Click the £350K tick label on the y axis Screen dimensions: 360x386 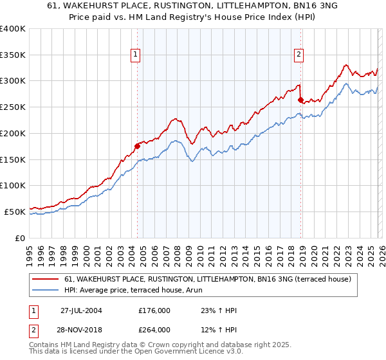[x=13, y=55]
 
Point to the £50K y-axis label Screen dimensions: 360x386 [x=15, y=212]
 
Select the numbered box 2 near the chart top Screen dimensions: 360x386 [x=299, y=56]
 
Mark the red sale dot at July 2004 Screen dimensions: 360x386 [x=137, y=146]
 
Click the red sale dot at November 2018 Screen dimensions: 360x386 [x=300, y=100]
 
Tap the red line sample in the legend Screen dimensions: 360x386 [x=46, y=279]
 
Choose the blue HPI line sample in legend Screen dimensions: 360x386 [x=46, y=290]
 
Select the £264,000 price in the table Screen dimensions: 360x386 [x=154, y=329]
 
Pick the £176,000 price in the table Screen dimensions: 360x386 [x=154, y=310]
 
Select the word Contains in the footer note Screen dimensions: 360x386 [x=44, y=346]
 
